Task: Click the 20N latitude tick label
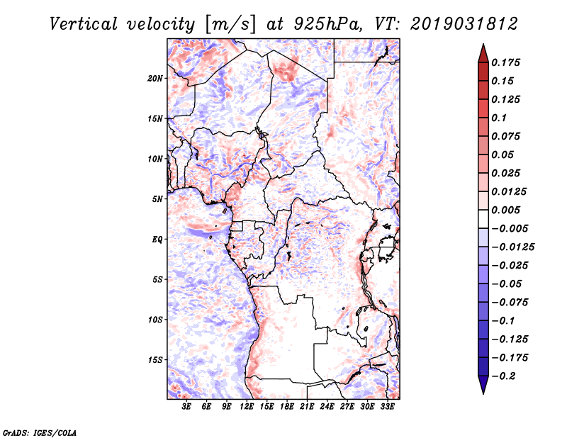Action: (x=155, y=78)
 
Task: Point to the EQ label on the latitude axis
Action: (x=157, y=240)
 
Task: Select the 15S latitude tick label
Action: (x=155, y=360)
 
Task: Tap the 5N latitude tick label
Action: (x=157, y=199)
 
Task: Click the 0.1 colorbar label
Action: (x=499, y=118)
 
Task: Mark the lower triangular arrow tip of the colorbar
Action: (x=482, y=389)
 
